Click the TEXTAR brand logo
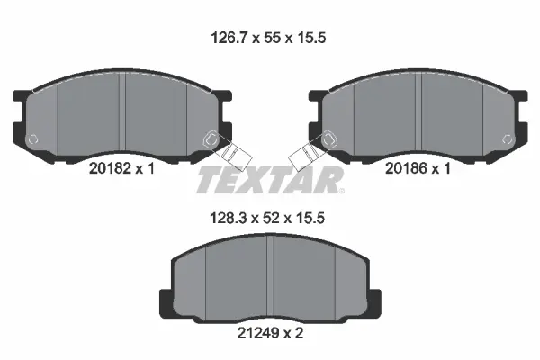click(x=270, y=179)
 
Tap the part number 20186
click(x=405, y=167)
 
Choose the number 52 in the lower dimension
click(x=269, y=217)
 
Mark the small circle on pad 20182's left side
click(x=33, y=139)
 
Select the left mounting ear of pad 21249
click(x=165, y=301)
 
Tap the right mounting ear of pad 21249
click(x=375, y=301)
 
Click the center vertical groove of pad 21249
click(x=271, y=279)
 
